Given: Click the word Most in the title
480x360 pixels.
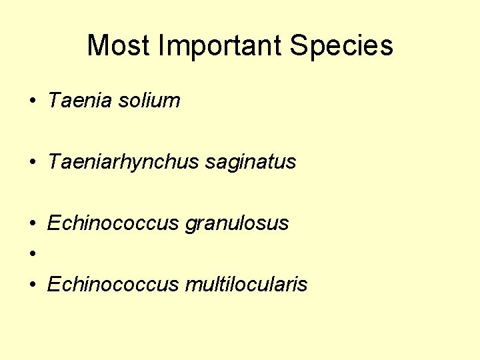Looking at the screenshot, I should click(120, 46).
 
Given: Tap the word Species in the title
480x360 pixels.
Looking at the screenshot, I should click(342, 46).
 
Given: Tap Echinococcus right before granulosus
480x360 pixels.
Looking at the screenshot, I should click(113, 223).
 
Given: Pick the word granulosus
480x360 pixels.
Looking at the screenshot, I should click(237, 223).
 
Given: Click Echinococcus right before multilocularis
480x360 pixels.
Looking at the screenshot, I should click(113, 285).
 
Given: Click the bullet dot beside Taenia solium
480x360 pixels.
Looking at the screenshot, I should click(32, 101).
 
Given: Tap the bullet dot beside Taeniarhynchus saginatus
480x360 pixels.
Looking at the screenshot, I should click(32, 163).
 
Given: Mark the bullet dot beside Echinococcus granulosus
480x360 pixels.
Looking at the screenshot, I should click(32, 224).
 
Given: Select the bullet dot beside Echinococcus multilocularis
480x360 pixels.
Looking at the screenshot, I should click(32, 285).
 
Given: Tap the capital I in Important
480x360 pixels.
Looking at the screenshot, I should click(163, 46).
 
